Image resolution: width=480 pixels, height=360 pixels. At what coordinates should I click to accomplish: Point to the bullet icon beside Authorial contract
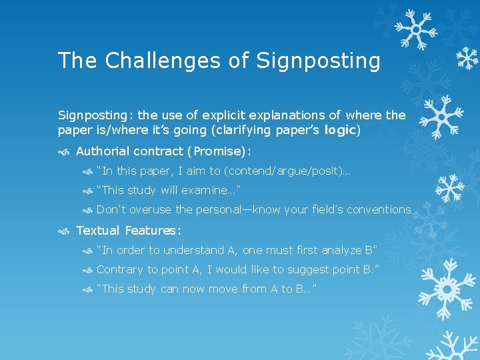(64, 151)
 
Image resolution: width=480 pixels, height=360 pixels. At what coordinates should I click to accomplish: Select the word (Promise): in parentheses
(217, 151)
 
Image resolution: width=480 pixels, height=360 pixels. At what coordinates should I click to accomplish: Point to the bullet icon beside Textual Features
(64, 231)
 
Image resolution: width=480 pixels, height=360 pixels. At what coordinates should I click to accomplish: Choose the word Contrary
(120, 269)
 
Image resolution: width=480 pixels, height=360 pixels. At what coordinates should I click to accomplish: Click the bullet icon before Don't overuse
(87, 210)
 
